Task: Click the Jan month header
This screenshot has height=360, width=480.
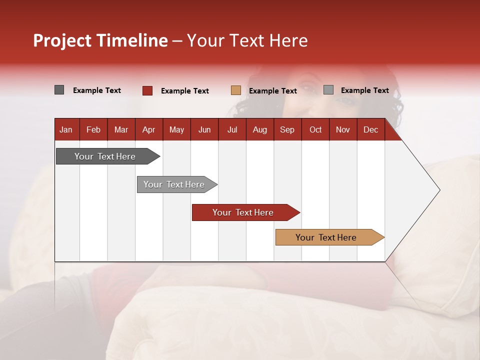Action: pos(66,130)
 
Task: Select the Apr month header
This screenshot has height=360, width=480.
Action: pos(148,130)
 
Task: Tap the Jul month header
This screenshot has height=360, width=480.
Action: pos(232,130)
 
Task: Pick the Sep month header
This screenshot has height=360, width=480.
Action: pos(287,130)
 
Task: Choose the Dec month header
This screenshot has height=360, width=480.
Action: pos(370,130)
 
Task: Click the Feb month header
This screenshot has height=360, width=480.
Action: pos(93,130)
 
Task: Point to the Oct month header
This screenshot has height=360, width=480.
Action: pos(315,130)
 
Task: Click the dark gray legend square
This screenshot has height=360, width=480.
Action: pos(59,90)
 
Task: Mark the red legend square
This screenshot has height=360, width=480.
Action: pos(147,90)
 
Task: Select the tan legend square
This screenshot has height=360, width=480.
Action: pos(236,90)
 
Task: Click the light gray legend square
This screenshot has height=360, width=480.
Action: pos(328,90)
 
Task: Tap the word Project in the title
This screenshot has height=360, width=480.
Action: pos(61,40)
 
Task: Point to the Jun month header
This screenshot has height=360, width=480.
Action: pos(204,130)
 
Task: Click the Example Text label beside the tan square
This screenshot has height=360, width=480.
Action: pos(273,91)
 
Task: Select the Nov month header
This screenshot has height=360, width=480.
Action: pos(343,130)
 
